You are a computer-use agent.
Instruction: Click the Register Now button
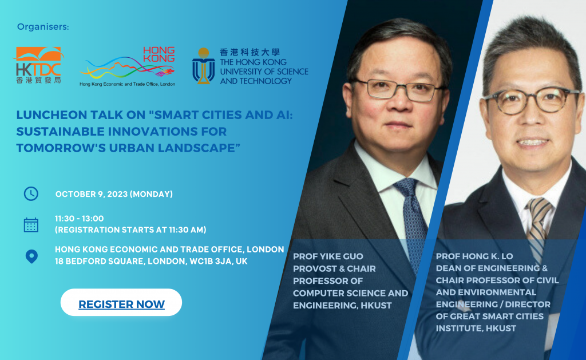coord(121,302)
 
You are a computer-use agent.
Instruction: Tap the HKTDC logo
coord(38,65)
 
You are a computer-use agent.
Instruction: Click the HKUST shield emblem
coord(203,66)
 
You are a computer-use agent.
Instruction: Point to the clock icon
coord(31,194)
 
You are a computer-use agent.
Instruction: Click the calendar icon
coord(31,225)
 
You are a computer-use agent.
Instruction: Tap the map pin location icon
coord(31,256)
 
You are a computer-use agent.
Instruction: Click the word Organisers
coord(42,27)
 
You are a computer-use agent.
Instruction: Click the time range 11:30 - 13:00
coord(79,218)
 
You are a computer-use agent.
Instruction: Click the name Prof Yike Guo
coord(328,256)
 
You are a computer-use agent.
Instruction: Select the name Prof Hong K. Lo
coord(474,256)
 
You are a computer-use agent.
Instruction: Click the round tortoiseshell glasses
coord(532,100)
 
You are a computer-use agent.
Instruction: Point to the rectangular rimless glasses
coord(397,90)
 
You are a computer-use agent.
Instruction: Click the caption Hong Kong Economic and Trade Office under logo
coord(128,84)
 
